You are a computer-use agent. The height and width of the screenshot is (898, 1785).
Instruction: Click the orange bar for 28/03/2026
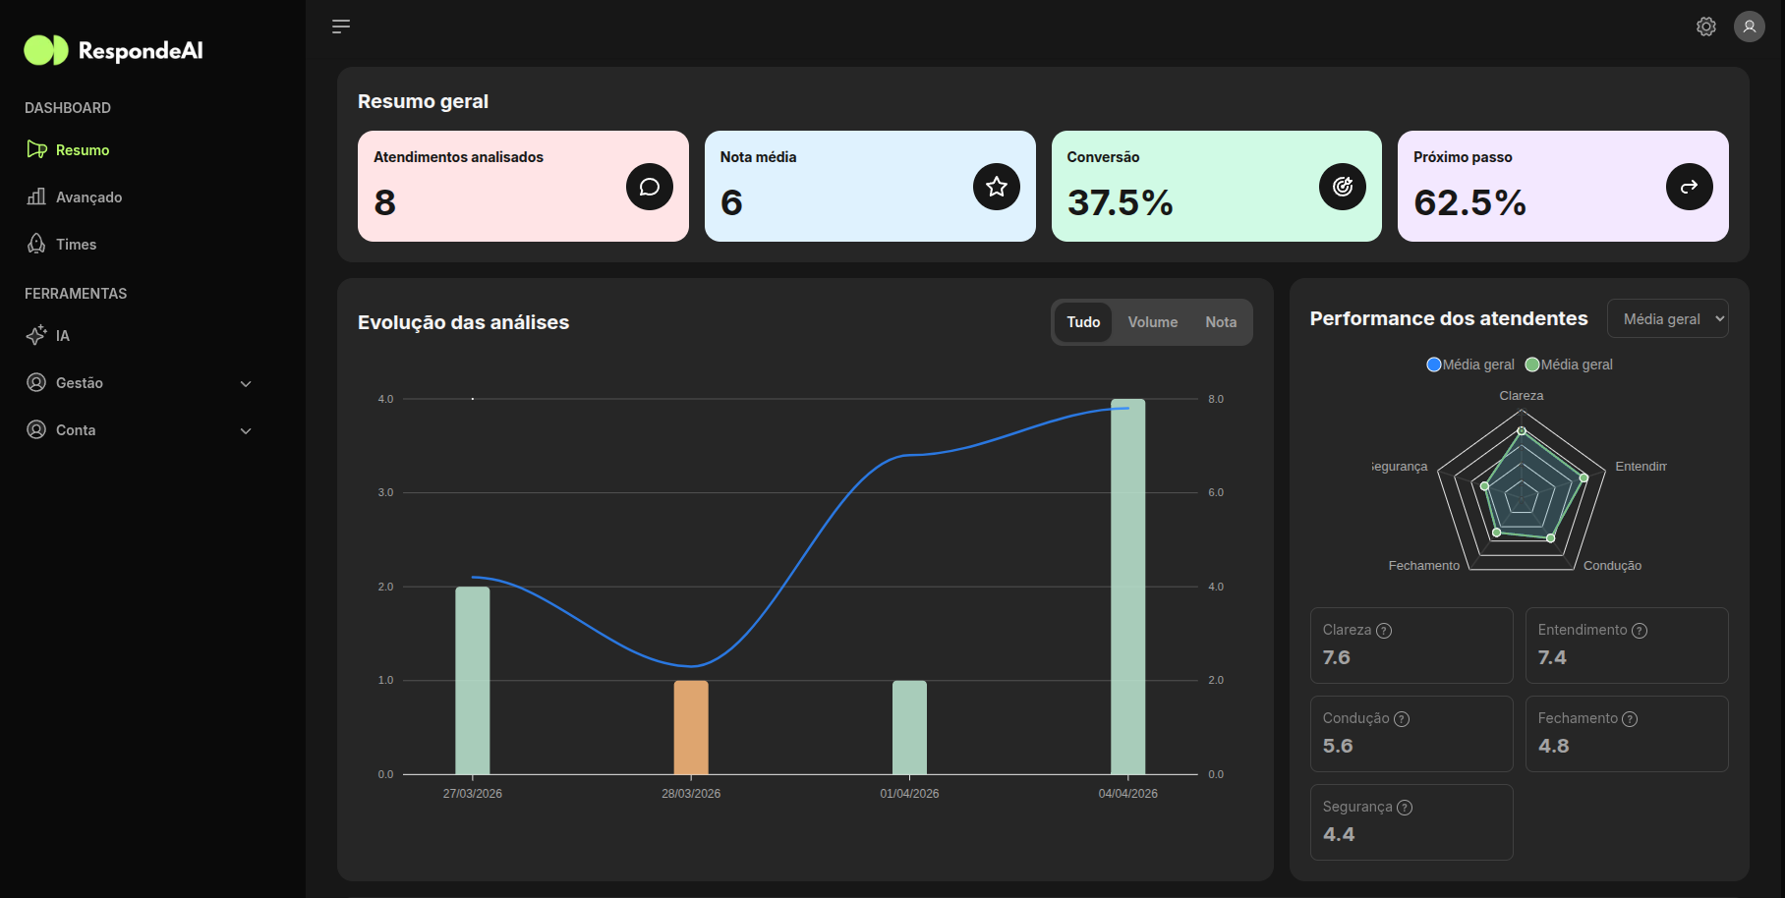(x=691, y=727)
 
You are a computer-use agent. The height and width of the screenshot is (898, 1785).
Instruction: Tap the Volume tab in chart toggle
(x=1152, y=322)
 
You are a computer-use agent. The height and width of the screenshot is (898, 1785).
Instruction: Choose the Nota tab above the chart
(x=1221, y=322)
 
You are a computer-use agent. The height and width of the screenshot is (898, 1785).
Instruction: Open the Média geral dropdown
(x=1667, y=319)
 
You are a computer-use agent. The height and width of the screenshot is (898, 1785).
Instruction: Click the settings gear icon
(x=1706, y=27)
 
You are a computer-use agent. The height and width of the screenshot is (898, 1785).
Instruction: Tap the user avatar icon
(x=1749, y=27)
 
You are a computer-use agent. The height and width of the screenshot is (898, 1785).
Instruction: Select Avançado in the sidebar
(x=88, y=197)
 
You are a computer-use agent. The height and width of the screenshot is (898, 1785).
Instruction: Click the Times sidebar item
(x=76, y=245)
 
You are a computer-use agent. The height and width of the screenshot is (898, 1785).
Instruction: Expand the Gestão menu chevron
(x=246, y=384)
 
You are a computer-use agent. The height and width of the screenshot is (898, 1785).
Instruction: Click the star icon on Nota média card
(x=996, y=187)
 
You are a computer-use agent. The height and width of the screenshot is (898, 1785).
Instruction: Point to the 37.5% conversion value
(x=1120, y=203)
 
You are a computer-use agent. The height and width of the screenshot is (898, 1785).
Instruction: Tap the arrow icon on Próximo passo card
(x=1689, y=187)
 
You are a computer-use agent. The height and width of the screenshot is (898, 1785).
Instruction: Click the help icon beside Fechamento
(x=1630, y=719)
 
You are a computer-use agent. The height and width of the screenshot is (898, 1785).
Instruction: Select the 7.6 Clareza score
(x=1336, y=657)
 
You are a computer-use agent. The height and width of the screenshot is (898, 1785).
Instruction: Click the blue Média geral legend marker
(x=1434, y=365)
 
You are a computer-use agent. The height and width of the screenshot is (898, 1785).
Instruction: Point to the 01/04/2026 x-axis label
(x=909, y=794)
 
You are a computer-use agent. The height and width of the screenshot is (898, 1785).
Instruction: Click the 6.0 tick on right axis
(x=1216, y=493)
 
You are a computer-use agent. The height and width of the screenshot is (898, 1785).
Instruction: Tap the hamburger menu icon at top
(x=341, y=27)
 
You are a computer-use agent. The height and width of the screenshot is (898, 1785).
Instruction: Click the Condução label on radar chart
(x=1612, y=566)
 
